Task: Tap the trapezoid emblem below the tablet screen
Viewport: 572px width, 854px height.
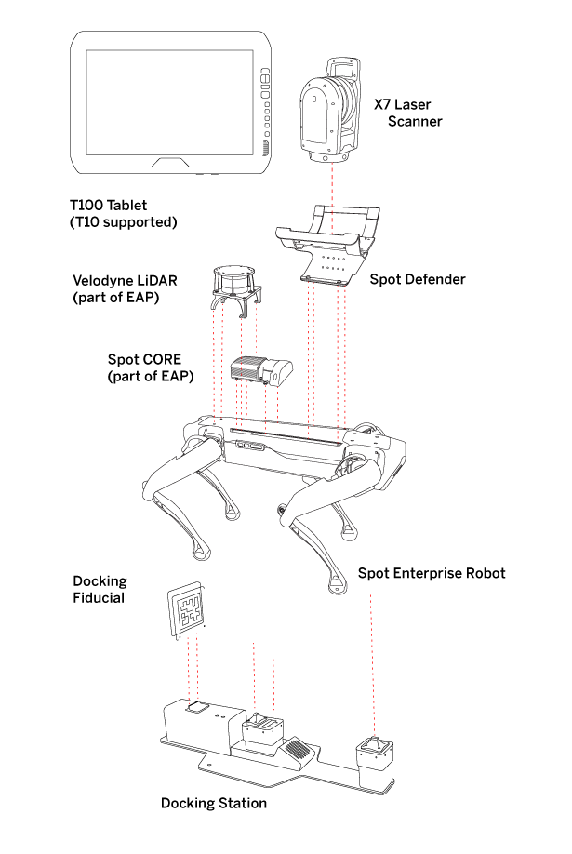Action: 170,163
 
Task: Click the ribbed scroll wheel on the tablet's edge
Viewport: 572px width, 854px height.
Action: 265,147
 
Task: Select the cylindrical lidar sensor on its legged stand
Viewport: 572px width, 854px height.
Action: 234,278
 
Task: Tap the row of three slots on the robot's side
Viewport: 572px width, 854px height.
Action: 248,446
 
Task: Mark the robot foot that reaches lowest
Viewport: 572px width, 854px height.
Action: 338,587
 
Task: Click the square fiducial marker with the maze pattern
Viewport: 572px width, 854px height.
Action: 186,610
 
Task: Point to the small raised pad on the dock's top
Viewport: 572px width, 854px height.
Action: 196,708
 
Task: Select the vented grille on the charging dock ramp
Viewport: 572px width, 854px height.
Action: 297,748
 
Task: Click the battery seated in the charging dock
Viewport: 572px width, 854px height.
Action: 261,732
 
